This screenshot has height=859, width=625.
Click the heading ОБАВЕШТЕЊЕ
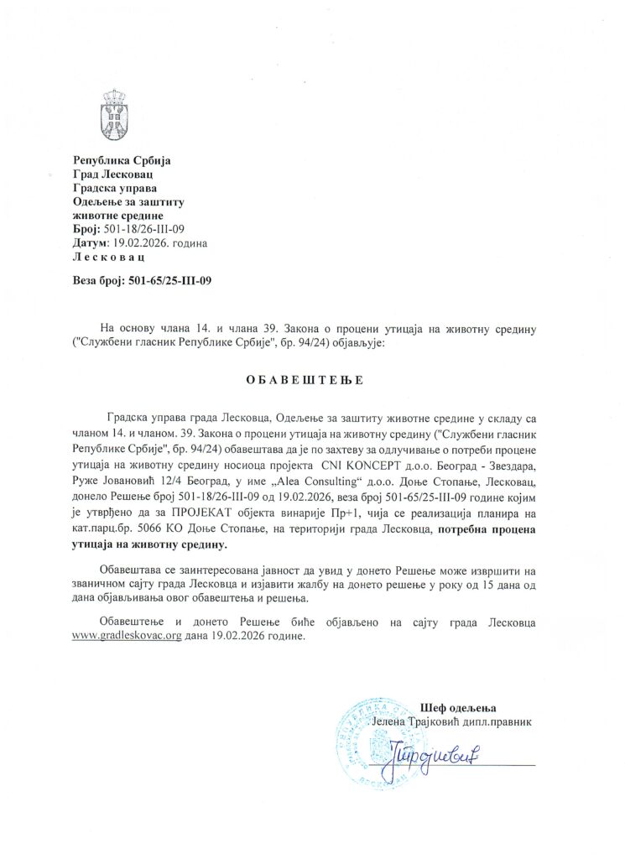tap(305, 380)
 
